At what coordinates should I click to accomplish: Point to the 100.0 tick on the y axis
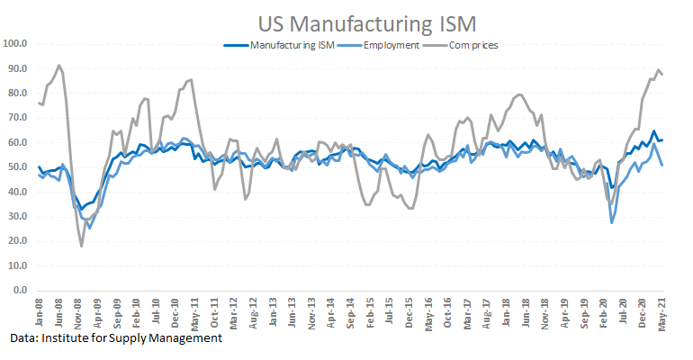tap(16, 43)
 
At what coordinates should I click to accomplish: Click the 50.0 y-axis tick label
tap(18, 166)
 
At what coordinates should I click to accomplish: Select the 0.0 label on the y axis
tap(21, 291)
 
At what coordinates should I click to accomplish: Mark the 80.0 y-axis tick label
tap(18, 93)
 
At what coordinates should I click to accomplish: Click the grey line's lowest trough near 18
tap(82, 246)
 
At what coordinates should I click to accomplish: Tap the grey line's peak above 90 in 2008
tap(59, 65)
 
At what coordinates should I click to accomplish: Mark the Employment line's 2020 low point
tap(612, 222)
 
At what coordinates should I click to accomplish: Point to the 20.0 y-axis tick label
tap(18, 241)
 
